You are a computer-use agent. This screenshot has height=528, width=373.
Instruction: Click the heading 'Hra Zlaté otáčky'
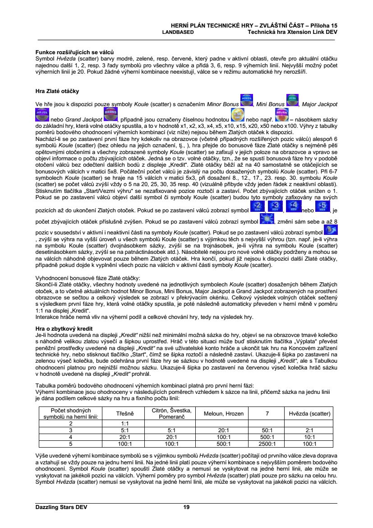(x=57, y=91)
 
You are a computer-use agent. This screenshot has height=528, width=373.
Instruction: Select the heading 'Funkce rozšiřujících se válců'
(x=74, y=53)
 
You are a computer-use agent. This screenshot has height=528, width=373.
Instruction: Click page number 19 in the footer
(x=186, y=507)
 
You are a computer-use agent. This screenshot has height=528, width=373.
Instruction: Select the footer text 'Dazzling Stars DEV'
(x=61, y=507)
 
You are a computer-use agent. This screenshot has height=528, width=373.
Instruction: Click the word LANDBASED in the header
(x=178, y=32)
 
